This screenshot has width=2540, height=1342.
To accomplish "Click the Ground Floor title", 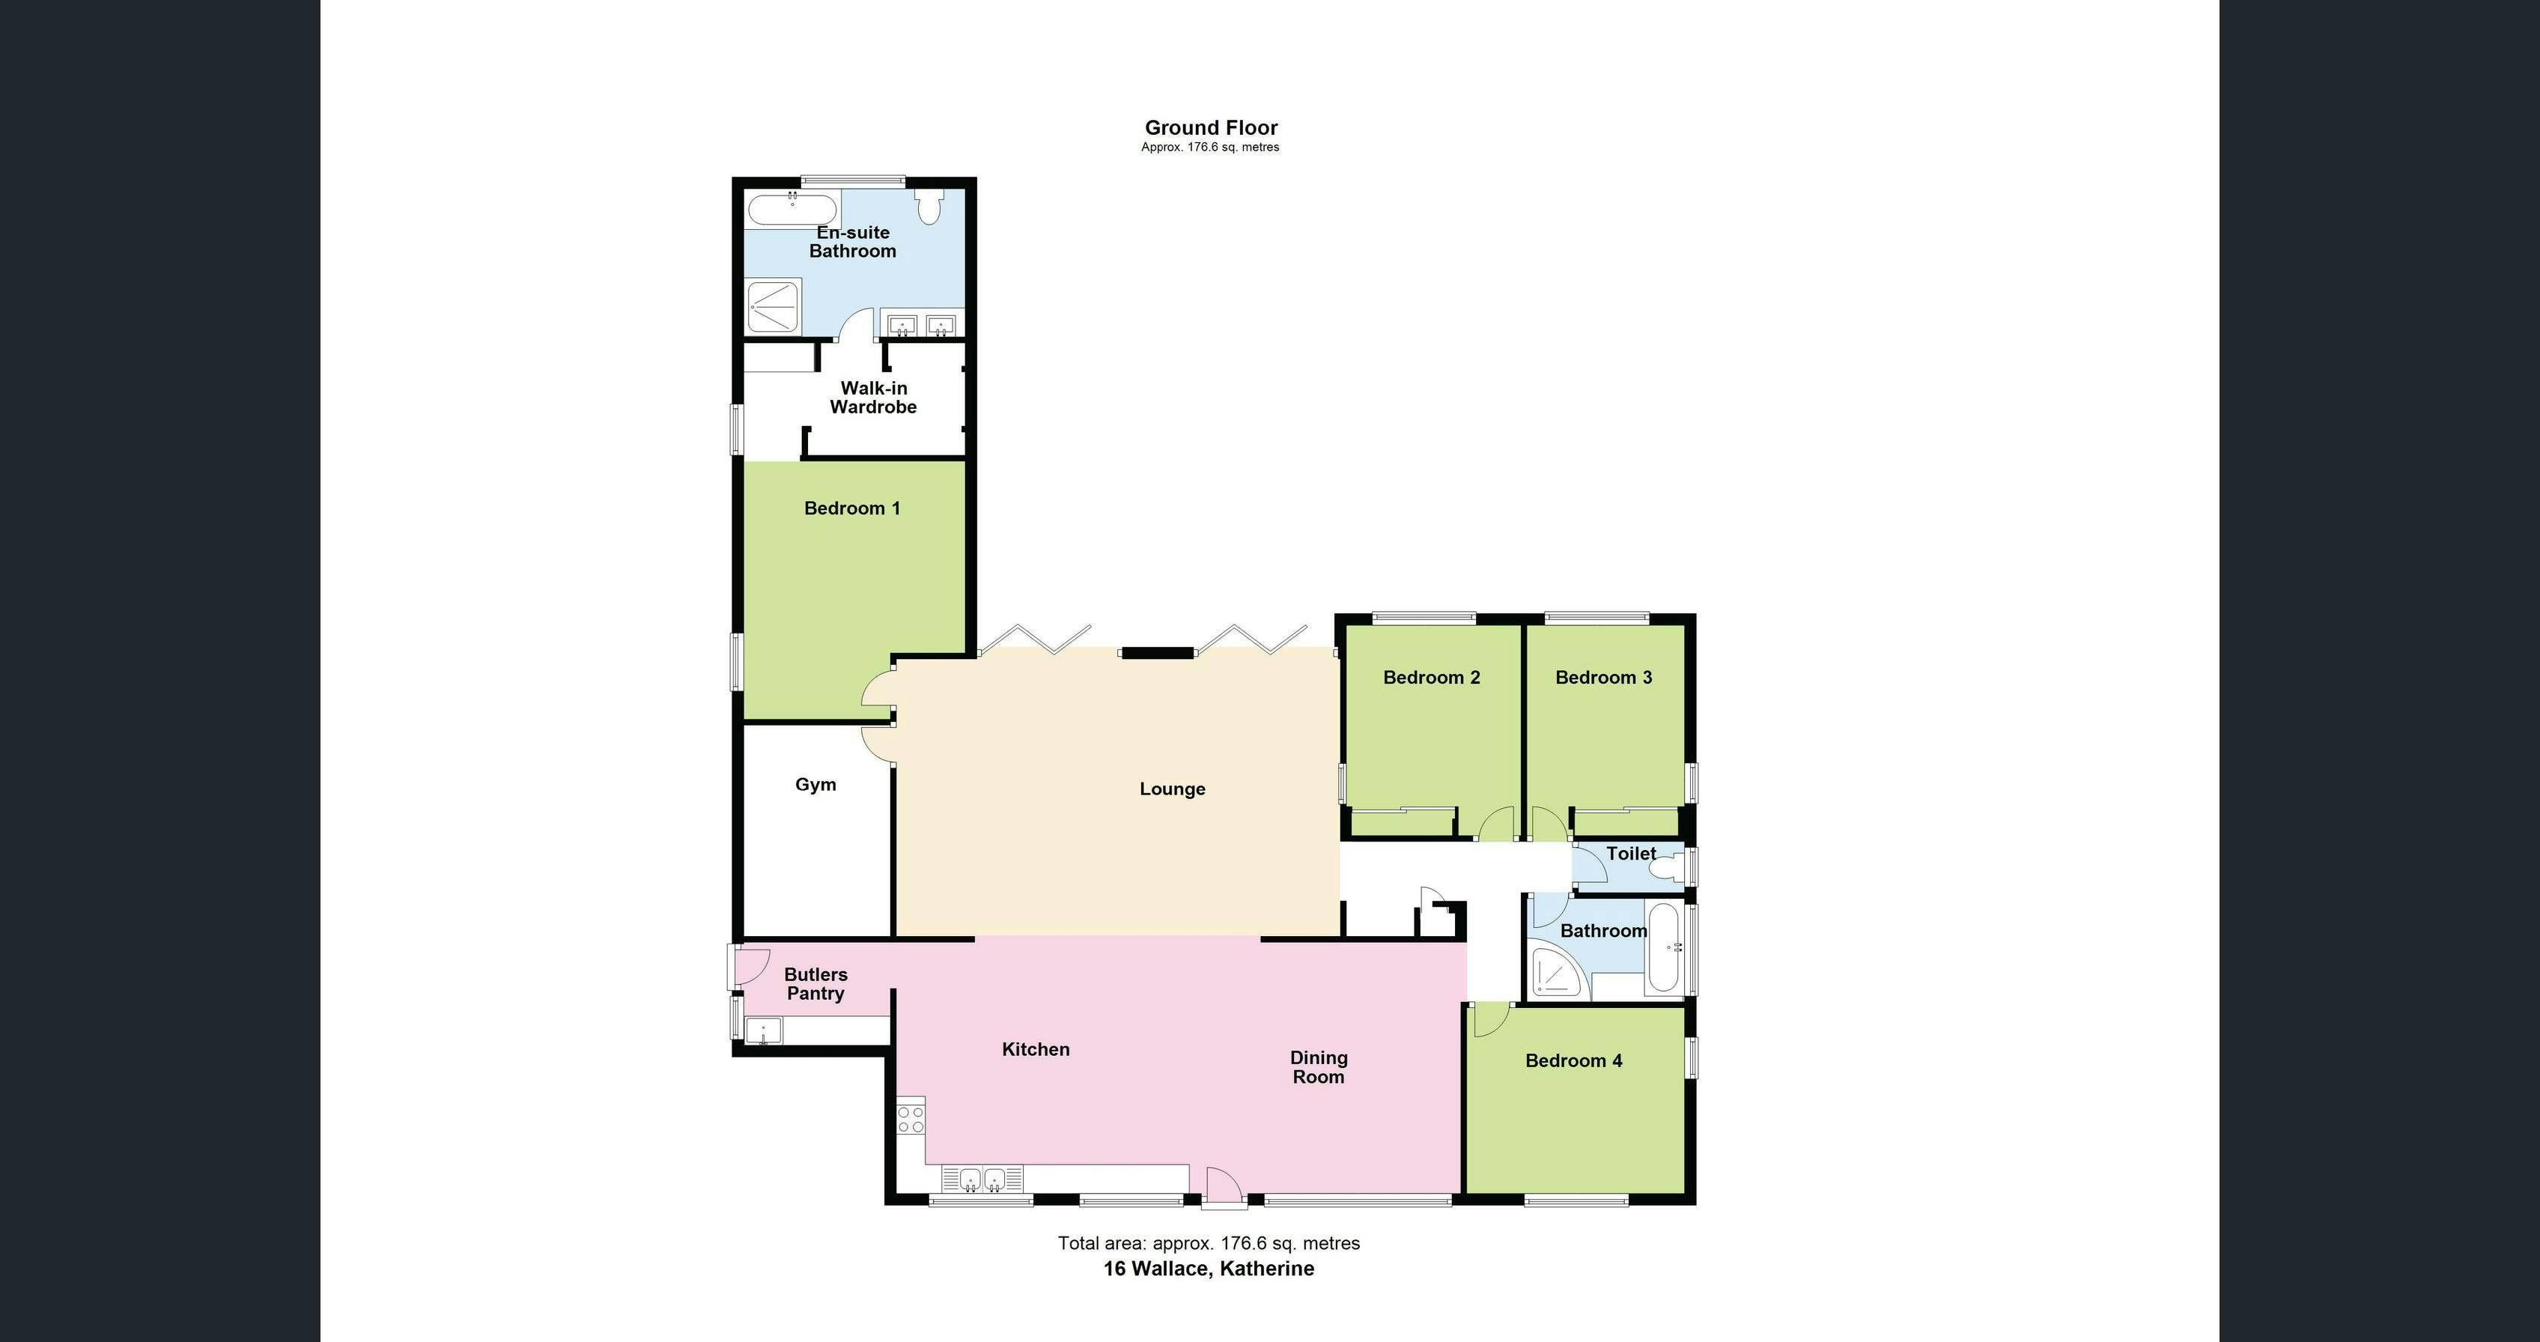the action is pyautogui.click(x=1211, y=127).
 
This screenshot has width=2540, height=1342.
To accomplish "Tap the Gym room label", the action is pyautogui.click(x=815, y=785).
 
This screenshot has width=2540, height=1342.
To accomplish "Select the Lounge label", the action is pyautogui.click(x=1173, y=789).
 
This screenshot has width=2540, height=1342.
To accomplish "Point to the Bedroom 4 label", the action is pyautogui.click(x=1574, y=1061).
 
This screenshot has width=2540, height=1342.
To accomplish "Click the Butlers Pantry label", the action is pyautogui.click(x=815, y=984).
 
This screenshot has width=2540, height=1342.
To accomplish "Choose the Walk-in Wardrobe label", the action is pyautogui.click(x=874, y=398).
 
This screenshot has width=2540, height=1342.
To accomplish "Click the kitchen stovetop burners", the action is pyautogui.click(x=910, y=1118).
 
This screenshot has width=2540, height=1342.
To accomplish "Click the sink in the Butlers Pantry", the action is pyautogui.click(x=763, y=1031).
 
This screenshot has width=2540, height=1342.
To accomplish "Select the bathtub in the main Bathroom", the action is pyautogui.click(x=1663, y=947).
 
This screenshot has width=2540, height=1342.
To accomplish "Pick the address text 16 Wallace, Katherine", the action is pyautogui.click(x=1208, y=1269).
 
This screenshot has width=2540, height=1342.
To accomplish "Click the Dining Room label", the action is pyautogui.click(x=1319, y=1068).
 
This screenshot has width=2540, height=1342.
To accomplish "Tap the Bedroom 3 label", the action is pyautogui.click(x=1603, y=678).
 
